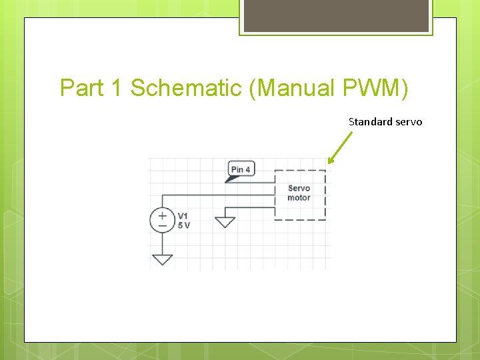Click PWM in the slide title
click(x=377, y=88)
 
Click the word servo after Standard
click(x=409, y=122)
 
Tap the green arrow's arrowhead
click(x=331, y=159)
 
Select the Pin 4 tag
click(x=240, y=169)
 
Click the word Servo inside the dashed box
click(x=299, y=189)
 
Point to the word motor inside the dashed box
click(x=299, y=197)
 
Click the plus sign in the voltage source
click(x=162, y=215)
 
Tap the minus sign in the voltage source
click(x=162, y=226)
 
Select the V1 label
click(x=183, y=216)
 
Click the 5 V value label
click(x=184, y=225)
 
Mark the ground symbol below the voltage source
click(x=162, y=259)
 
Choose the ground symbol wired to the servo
click(x=225, y=221)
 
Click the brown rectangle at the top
click(x=336, y=15)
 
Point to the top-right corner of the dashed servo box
click(x=325, y=171)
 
